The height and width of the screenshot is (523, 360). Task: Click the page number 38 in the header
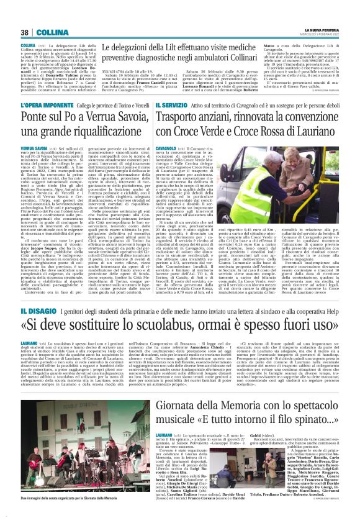24,32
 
